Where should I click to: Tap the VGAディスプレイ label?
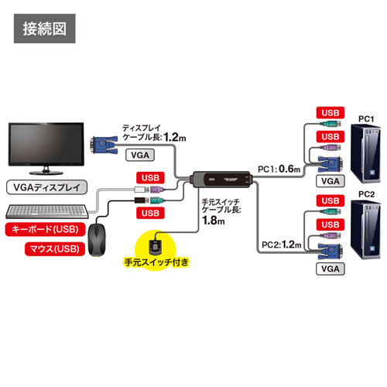[45, 187]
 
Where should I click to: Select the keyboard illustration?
[46, 210]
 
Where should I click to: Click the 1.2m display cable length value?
[176, 137]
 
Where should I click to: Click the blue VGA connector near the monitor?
[102, 142]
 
